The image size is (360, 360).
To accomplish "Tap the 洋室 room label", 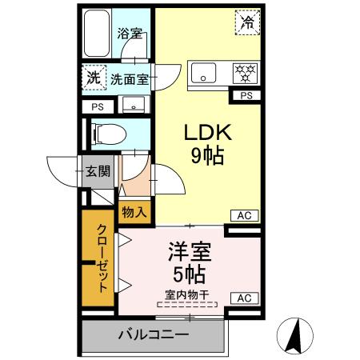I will click(x=190, y=254).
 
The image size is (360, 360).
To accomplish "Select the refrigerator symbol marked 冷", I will click(x=247, y=23).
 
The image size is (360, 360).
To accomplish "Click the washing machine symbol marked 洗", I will click(x=94, y=78).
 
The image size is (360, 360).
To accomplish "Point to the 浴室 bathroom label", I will click(x=130, y=34).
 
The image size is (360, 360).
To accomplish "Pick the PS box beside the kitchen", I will click(x=245, y=96).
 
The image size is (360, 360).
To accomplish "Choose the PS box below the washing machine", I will click(x=97, y=106).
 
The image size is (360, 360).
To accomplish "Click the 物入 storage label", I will click(x=134, y=212).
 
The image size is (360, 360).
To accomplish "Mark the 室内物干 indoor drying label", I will click(x=187, y=294).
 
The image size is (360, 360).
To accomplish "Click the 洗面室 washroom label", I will click(x=130, y=79).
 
